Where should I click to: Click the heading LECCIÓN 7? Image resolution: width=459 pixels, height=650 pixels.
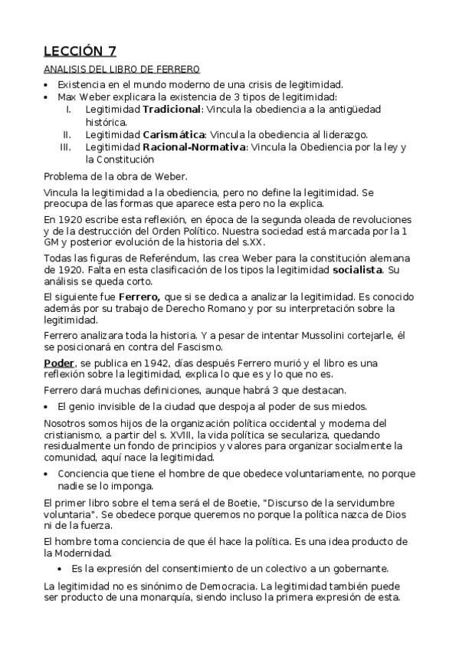pos(80,52)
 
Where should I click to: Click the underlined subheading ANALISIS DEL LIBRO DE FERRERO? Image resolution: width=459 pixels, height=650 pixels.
pos(122,69)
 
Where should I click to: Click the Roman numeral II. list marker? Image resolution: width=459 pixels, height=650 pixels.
pos(67,134)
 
